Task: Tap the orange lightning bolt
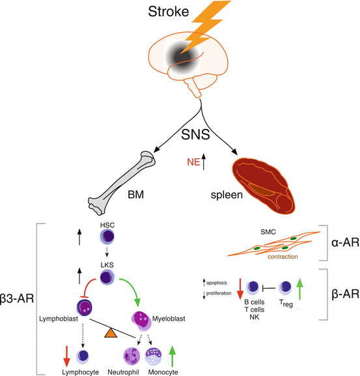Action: pos(202,29)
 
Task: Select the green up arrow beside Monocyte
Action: pos(172,356)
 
